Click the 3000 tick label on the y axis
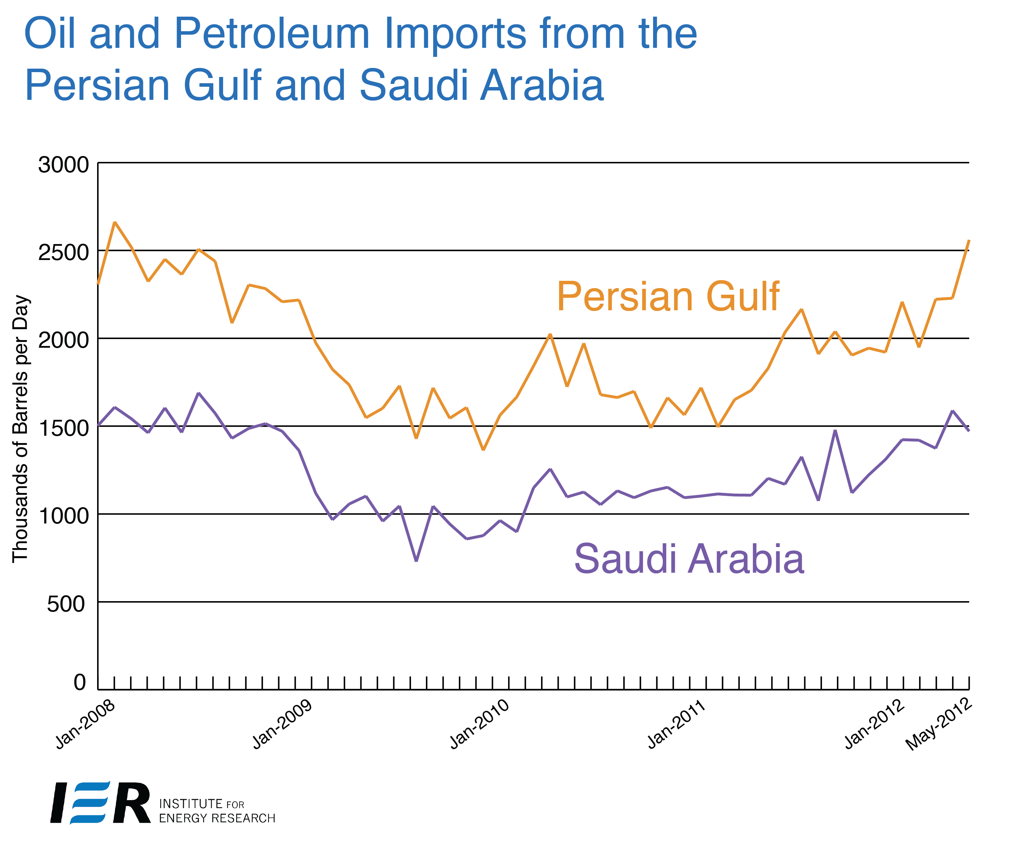pyautogui.click(x=63, y=165)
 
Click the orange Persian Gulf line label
pyautogui.click(x=668, y=297)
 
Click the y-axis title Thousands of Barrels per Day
pyautogui.click(x=20, y=428)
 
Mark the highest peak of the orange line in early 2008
pyautogui.click(x=114, y=222)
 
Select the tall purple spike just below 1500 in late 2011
pyautogui.click(x=835, y=431)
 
